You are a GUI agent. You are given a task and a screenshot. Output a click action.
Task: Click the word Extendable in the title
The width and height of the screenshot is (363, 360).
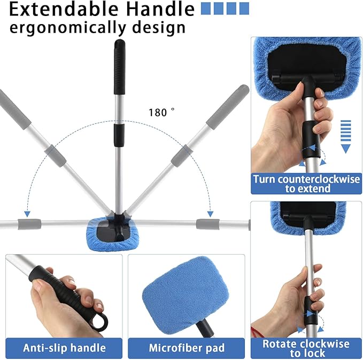coord(64,9)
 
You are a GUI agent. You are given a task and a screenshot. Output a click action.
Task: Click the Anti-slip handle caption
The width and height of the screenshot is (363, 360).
coord(64,348)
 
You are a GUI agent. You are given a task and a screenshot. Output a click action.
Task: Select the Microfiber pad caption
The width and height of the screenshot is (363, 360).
coord(187,348)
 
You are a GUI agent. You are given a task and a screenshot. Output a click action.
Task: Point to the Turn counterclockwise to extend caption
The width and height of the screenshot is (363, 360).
coord(306,184)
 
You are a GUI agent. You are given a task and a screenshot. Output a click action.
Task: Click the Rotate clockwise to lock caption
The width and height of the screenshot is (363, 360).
coord(306,348)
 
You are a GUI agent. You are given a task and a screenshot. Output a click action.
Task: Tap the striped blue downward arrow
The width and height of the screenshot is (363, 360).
coord(345,137)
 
